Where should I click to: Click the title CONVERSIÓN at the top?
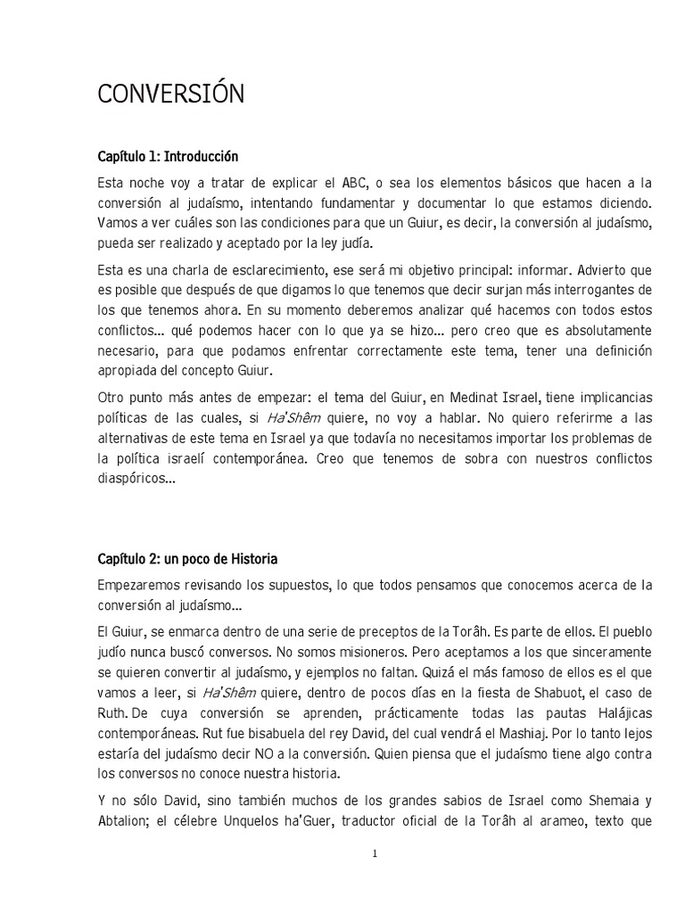(x=170, y=95)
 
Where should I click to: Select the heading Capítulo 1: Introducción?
(x=168, y=157)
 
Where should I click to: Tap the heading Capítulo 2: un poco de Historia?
(x=187, y=559)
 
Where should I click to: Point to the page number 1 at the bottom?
(x=375, y=854)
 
